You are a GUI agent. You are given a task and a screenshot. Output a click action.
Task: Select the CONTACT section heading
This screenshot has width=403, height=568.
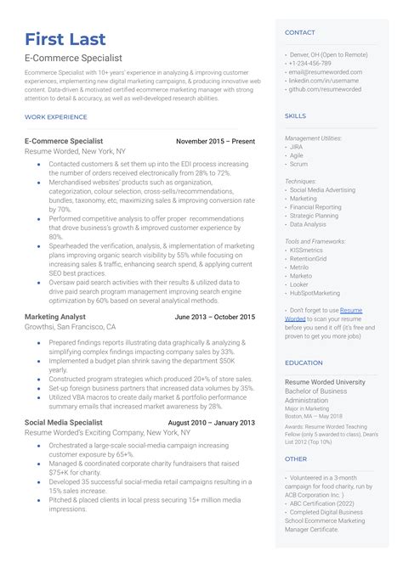click(300, 33)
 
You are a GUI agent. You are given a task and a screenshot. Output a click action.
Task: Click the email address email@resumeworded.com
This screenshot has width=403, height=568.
click(326, 72)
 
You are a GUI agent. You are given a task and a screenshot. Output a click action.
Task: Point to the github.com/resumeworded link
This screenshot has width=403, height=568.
click(325, 89)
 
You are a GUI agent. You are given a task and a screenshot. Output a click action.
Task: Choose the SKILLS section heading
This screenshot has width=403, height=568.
click(296, 115)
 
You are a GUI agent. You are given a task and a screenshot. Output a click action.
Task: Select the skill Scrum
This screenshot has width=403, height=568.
click(298, 163)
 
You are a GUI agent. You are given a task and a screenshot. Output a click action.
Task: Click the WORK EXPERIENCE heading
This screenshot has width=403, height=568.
click(56, 115)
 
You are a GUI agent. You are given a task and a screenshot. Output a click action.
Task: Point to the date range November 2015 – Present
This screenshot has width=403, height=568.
click(215, 140)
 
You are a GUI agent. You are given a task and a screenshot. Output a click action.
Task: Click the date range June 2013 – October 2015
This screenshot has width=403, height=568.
click(214, 317)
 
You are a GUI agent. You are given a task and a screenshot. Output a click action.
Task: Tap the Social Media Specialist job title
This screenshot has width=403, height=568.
click(64, 422)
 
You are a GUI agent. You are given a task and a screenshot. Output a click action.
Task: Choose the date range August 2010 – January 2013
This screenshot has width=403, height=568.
click(211, 422)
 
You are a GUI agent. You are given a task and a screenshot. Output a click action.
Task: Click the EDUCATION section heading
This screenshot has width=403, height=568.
click(304, 363)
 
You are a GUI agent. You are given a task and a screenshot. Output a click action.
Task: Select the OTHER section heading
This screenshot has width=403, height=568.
click(295, 458)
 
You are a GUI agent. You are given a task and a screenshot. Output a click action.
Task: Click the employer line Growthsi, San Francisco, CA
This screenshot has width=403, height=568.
click(70, 326)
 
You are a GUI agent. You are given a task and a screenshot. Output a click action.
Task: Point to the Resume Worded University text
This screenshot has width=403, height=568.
click(325, 382)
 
